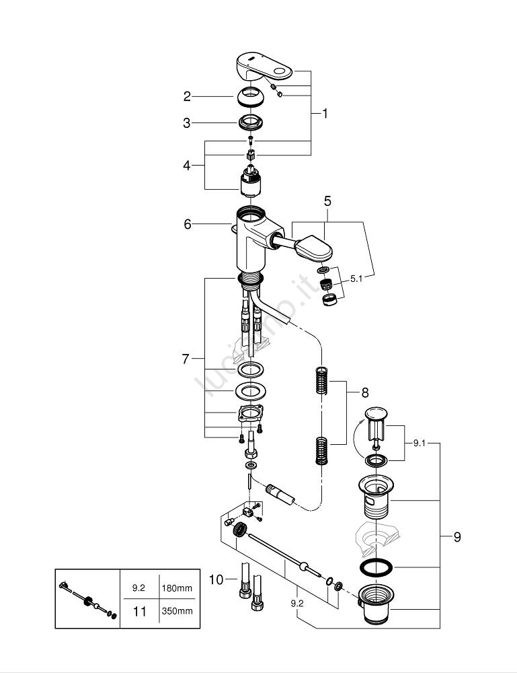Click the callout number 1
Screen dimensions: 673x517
(325, 114)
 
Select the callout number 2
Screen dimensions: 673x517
(188, 97)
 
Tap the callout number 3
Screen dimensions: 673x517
(188, 123)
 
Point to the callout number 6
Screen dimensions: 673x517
(188, 224)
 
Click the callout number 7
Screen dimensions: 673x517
(186, 359)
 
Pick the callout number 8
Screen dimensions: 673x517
(365, 392)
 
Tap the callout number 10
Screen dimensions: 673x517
(215, 578)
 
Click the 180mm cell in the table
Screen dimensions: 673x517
(176, 587)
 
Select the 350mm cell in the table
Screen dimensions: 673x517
(176, 611)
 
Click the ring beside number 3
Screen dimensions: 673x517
(251, 123)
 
